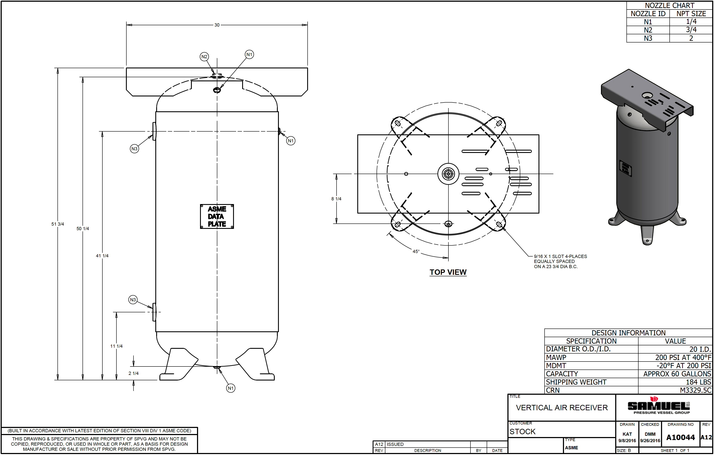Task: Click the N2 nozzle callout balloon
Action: tap(204, 57)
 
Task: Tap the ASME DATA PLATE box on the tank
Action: tap(217, 216)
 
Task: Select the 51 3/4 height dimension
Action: tap(58, 224)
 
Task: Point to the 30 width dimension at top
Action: tap(217, 25)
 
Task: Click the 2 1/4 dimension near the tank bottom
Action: tap(133, 373)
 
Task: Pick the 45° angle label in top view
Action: tap(416, 252)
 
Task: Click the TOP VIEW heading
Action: tap(448, 272)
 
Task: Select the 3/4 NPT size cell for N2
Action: tap(691, 30)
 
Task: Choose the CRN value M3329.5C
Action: tap(695, 390)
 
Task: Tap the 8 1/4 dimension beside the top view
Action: tap(336, 199)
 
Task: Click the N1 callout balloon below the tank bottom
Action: tap(231, 388)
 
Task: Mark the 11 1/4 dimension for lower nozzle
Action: tap(116, 346)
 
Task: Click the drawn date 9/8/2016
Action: tap(627, 441)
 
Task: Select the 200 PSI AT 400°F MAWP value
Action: tap(683, 358)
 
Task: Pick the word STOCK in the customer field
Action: tap(523, 432)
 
